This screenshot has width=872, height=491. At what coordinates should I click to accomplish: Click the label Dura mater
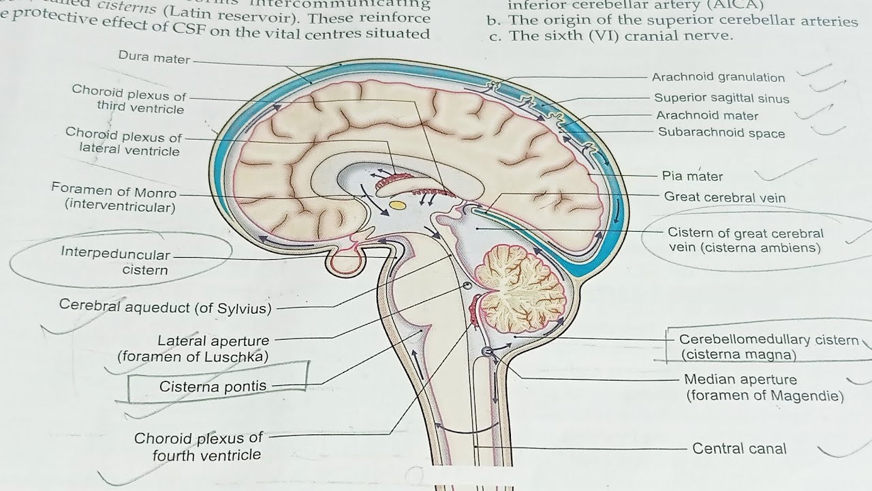(x=154, y=59)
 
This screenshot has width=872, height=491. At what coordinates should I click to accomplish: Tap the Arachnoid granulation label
(x=718, y=78)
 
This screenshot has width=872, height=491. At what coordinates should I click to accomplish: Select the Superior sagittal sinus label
(x=721, y=98)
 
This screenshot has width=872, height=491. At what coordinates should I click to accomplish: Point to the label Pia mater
(x=692, y=176)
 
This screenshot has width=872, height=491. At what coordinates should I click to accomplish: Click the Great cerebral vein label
(x=725, y=198)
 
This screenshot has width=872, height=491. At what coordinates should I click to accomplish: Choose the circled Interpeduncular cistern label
(x=115, y=262)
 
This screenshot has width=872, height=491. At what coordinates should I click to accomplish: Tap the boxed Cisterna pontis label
(x=213, y=387)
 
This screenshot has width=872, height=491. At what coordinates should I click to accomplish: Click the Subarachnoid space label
(x=721, y=133)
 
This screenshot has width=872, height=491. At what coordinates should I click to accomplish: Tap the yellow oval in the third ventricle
(x=396, y=204)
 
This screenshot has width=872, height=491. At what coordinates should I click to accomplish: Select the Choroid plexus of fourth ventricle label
(x=198, y=446)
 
